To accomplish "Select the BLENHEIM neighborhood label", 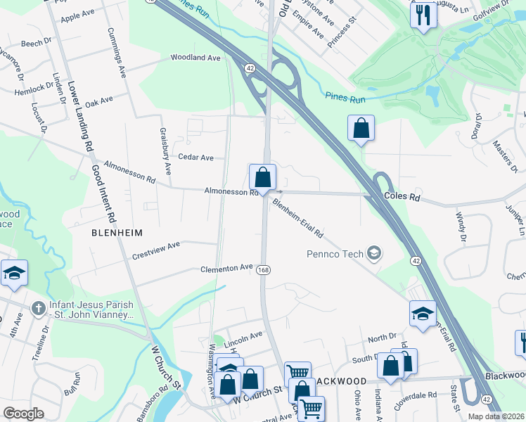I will [117, 232].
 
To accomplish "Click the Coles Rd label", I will [402, 198].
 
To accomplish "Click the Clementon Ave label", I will [226, 268].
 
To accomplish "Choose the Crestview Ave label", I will [156, 250].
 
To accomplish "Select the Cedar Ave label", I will [195, 158].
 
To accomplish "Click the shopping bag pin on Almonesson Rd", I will [262, 177].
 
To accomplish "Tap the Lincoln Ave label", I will [243, 335].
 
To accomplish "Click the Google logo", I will [23, 414].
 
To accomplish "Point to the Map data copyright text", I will [495, 416].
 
